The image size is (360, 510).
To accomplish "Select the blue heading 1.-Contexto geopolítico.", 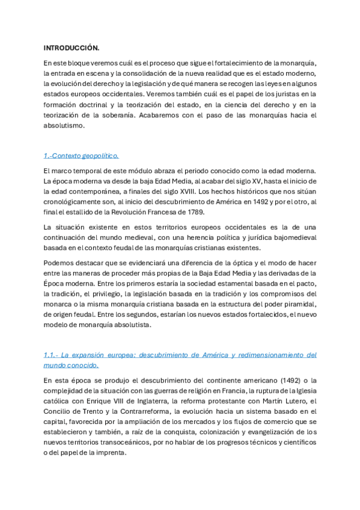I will coord(81,155).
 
